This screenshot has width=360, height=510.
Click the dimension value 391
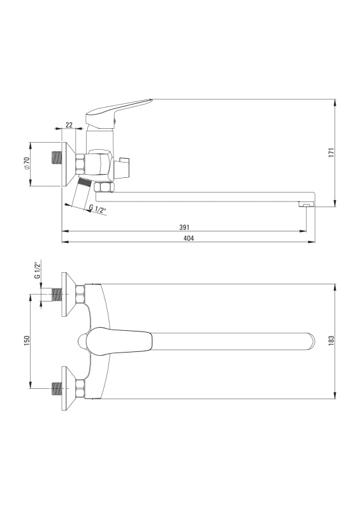(184, 228)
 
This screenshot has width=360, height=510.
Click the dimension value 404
(189, 238)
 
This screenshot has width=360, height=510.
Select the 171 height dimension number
(331, 152)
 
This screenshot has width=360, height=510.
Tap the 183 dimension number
(331, 340)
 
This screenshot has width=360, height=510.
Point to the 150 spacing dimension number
(27, 340)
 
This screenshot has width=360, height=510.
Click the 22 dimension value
(69, 124)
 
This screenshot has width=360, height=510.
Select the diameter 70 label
(27, 163)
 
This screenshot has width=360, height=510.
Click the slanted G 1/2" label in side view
(98, 209)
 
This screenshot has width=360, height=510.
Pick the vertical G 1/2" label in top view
(37, 270)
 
